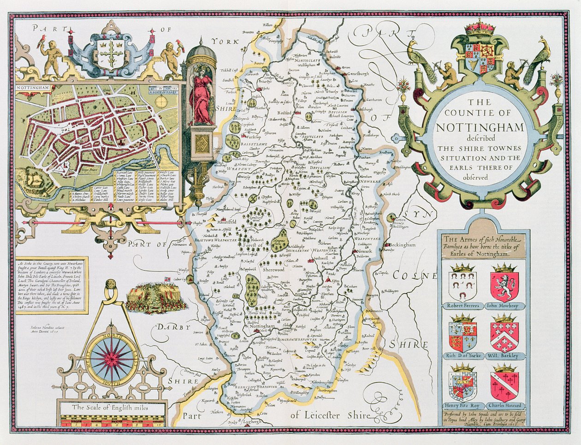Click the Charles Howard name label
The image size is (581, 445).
pos(504,406)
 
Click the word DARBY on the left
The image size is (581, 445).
pos(172,327)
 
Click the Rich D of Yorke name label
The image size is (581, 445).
pos(463,356)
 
